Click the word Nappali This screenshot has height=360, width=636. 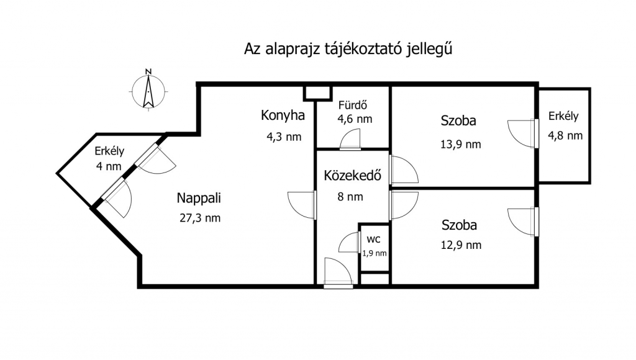tap(199, 198)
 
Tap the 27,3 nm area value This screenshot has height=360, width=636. tap(200, 218)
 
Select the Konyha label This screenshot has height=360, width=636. tap(283, 115)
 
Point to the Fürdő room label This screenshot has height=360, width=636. tap(353, 105)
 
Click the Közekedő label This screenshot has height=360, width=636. tap(353, 175)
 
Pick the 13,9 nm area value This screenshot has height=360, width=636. tap(461, 145)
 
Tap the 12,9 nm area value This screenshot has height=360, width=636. tap(461, 245)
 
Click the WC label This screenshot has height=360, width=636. tap(373, 240)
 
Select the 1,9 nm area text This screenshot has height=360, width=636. tap(375, 253)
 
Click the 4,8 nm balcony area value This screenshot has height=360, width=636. tap(565, 135)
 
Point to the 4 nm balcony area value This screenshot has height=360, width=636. tap(109, 166)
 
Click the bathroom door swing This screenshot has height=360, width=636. tap(350, 139)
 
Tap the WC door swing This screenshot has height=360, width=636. tap(349, 242)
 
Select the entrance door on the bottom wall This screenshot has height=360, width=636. tap(338, 273)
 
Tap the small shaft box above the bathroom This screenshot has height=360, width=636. tap(317, 93)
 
